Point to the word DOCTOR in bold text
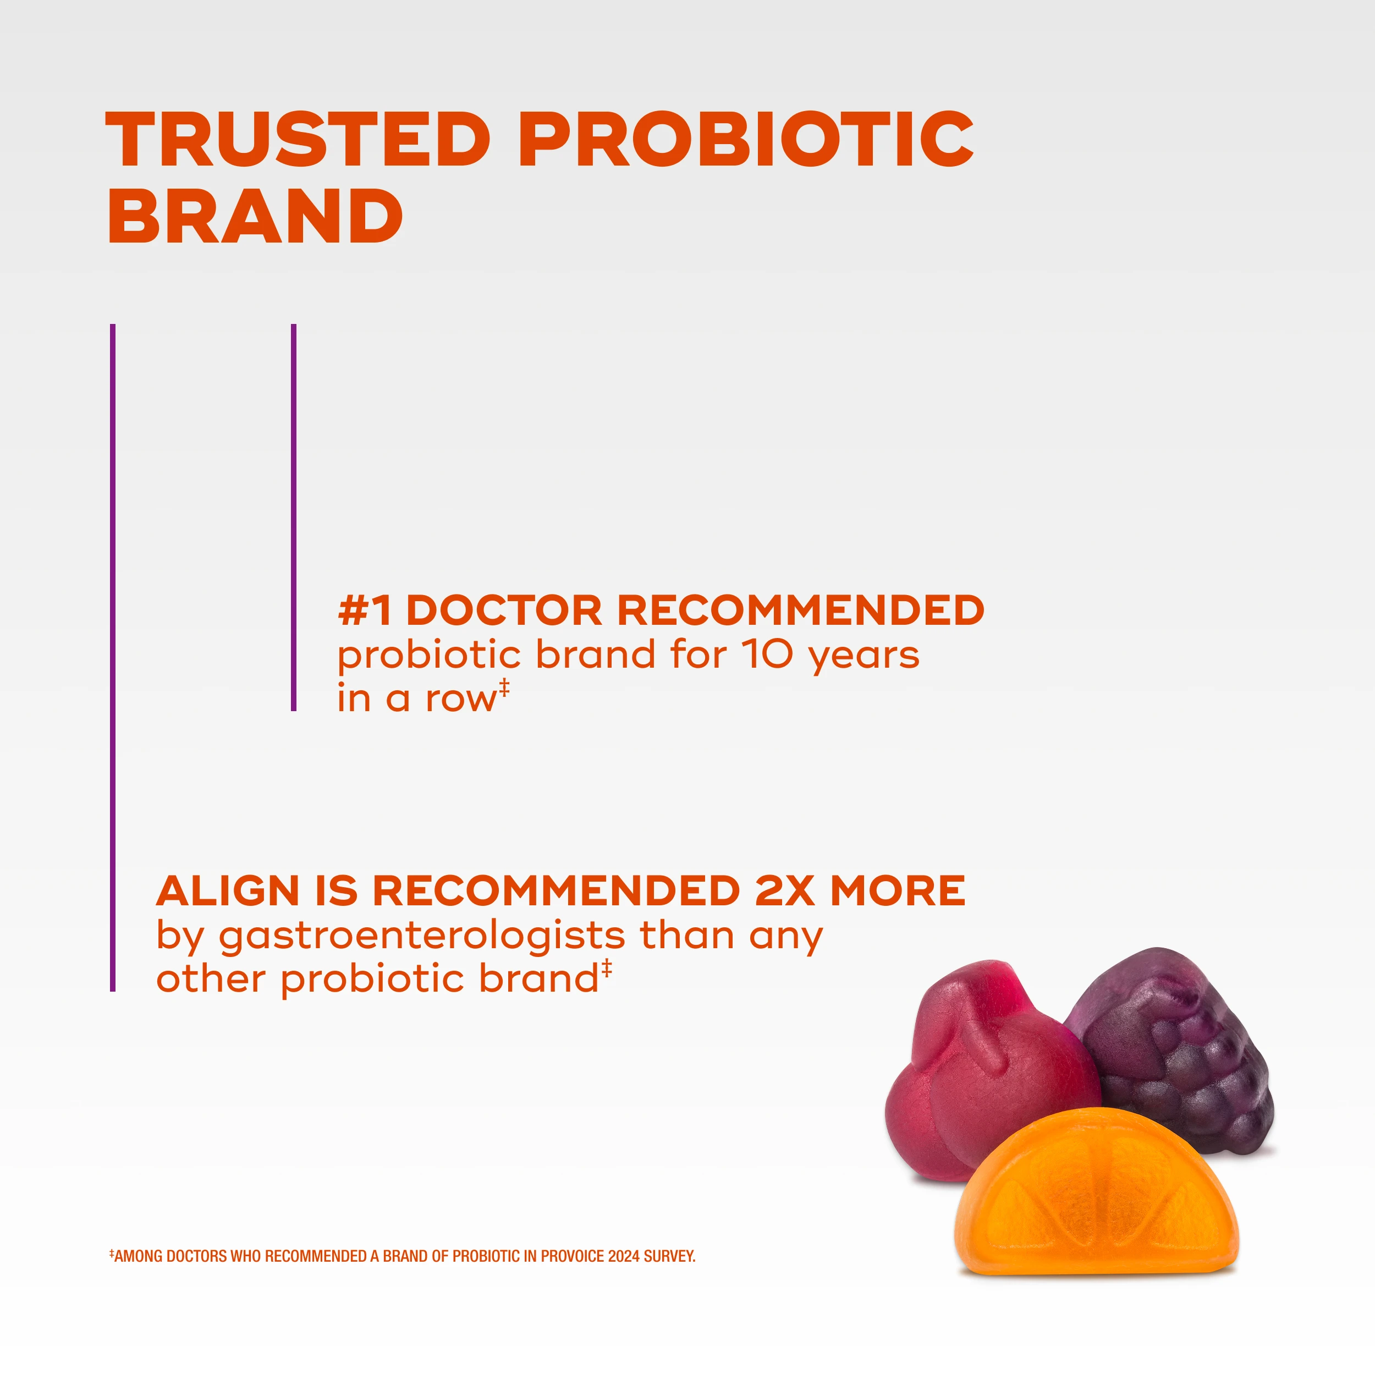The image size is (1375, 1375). [x=504, y=610]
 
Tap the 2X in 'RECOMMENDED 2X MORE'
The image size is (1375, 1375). [x=784, y=891]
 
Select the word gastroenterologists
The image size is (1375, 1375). [x=421, y=937]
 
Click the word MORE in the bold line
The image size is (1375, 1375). [x=898, y=891]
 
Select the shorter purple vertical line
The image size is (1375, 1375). [x=293, y=518]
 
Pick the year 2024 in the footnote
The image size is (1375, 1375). [x=624, y=1256]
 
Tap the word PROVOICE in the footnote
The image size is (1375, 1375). [x=572, y=1256]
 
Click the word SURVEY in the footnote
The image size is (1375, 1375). [x=669, y=1256]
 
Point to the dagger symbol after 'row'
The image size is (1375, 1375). [x=504, y=687]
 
